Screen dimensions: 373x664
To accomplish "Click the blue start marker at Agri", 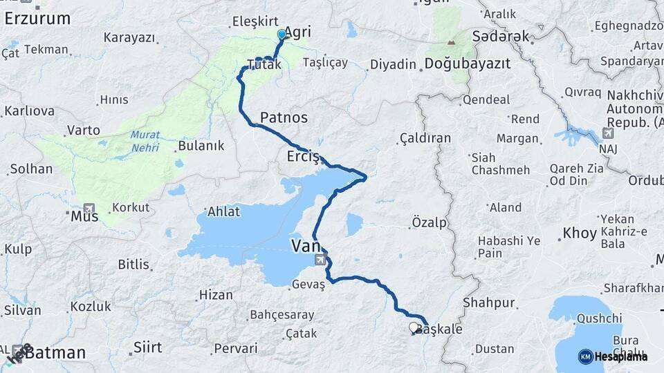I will [282, 34].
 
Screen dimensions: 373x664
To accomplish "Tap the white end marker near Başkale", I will [414, 327].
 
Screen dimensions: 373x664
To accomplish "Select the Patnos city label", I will [284, 117].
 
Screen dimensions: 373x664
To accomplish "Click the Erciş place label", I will [303, 157].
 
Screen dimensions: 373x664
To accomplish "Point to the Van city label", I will [305, 246].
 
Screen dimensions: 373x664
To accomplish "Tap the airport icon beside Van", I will [320, 260].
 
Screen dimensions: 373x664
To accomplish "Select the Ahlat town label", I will [224, 212].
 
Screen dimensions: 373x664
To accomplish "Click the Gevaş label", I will [308, 285].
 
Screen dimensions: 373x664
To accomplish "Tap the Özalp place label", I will [429, 222].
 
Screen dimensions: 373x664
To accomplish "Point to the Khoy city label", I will [580, 233].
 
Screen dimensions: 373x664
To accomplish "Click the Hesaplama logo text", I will [620, 356].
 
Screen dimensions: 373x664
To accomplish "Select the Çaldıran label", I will [425, 138].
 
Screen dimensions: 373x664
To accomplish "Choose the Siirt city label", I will [147, 347].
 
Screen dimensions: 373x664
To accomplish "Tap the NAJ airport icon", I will [608, 133].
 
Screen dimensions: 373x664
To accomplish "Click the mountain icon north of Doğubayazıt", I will [451, 42].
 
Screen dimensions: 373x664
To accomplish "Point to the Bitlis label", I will [134, 264].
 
